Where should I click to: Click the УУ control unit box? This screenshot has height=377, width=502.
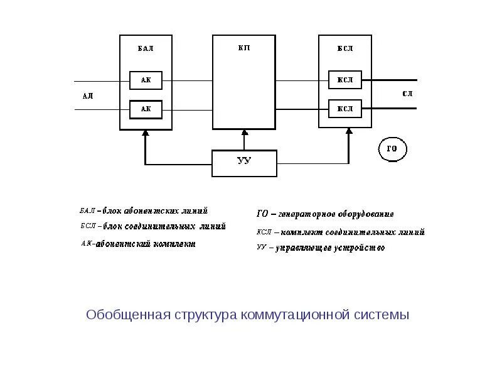pos(244,163)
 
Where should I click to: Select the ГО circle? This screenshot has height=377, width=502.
pos(393,150)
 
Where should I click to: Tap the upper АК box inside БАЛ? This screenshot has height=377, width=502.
pos(146,80)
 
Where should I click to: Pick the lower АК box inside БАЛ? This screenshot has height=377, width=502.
pos(146,109)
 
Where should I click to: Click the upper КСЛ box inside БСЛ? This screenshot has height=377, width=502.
pos(345,80)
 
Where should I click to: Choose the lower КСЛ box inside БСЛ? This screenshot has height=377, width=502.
pos(345,109)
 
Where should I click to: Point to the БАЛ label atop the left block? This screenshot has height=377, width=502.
pos(146,48)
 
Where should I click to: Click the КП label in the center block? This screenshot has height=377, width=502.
pos(244,48)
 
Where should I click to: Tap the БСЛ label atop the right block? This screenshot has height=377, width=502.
pos(345,48)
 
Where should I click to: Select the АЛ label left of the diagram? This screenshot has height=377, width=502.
pos(88,96)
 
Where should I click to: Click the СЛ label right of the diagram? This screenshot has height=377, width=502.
pos(407,94)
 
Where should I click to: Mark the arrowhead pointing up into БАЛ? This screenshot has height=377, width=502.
pos(146,133)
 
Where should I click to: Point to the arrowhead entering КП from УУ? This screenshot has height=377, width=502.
pos(244,133)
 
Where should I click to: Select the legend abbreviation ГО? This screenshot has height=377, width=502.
pos(262,214)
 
